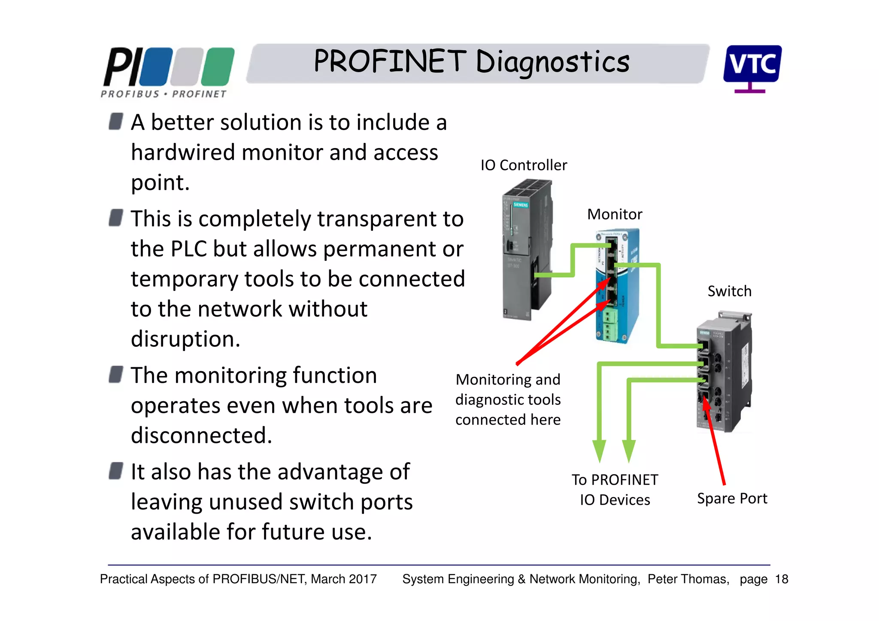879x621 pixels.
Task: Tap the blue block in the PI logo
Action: [x=155, y=67]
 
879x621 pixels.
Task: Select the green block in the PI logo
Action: [x=218, y=67]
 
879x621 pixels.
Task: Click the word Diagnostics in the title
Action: [x=552, y=62]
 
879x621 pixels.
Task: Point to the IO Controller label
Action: [x=523, y=165]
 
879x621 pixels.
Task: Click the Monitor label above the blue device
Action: [x=614, y=214]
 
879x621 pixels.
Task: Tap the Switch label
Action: [x=729, y=291]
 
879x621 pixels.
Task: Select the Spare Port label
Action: [x=732, y=498]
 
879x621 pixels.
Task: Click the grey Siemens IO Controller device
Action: [x=526, y=249]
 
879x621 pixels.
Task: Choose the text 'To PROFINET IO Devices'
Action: [x=615, y=490]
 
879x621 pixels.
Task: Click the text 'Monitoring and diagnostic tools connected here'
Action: [x=508, y=400]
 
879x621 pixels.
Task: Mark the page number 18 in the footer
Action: [x=782, y=579]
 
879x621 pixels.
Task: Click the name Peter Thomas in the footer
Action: [x=688, y=579]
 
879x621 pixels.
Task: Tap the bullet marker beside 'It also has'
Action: [x=116, y=471]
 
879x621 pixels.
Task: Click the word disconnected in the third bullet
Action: [x=201, y=436]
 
